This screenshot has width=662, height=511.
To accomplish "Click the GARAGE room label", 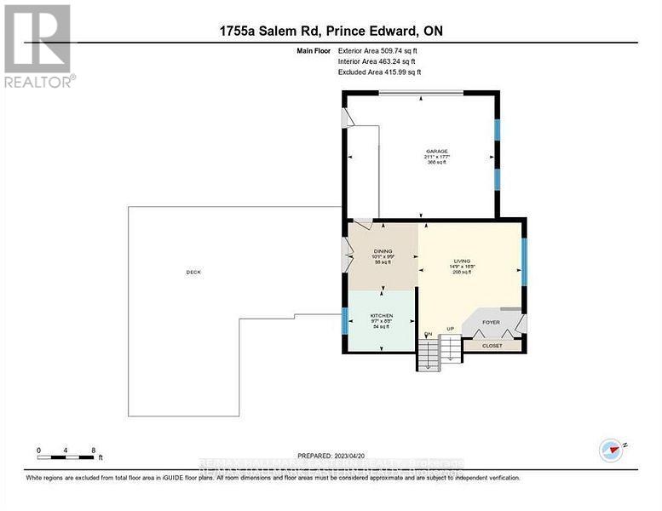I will [x=436, y=152].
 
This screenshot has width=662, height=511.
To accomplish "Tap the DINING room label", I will [x=382, y=251].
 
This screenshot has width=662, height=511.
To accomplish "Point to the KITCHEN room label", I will [x=381, y=316].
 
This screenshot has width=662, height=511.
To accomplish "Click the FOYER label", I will [x=491, y=323].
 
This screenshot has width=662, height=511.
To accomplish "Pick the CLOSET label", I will [x=492, y=346].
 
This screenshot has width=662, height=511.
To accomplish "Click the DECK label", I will [x=193, y=272].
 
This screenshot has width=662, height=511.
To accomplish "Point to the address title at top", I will [x=331, y=32].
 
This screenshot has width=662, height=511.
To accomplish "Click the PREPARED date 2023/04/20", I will [x=331, y=455].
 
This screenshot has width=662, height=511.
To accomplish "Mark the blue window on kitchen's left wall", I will [x=343, y=321].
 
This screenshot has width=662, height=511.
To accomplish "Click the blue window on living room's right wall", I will [x=525, y=260].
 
